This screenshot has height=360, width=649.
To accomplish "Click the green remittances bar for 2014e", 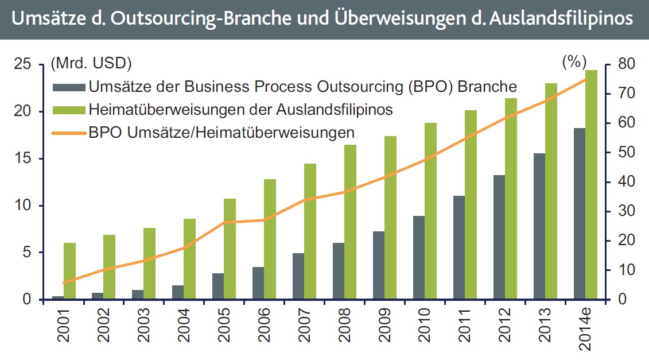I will click(x=591, y=184).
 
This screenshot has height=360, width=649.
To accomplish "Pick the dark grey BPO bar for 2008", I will click(x=339, y=271).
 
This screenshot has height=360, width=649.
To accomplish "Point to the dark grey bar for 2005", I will click(x=218, y=286).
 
